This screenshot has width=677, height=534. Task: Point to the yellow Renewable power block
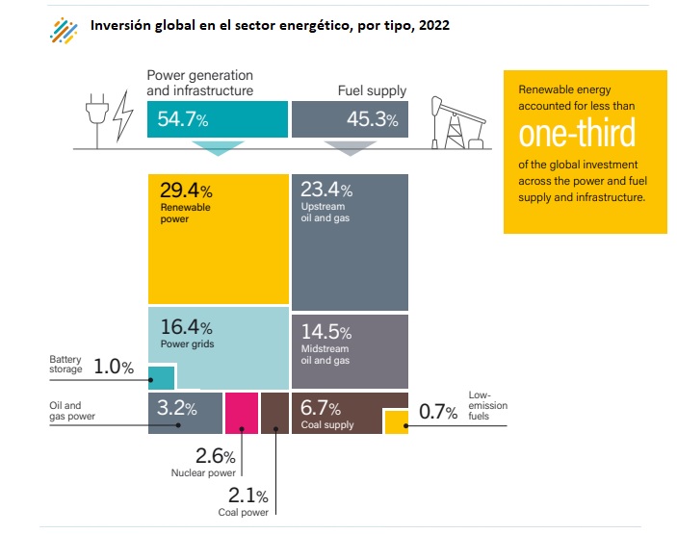[219, 239]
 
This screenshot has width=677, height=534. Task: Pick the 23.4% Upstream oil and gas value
[326, 190]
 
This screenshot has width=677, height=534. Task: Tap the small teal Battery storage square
[162, 377]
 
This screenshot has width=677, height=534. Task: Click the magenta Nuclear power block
[241, 414]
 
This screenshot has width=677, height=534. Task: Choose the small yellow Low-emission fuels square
[396, 421]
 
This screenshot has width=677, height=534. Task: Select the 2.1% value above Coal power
[247, 496]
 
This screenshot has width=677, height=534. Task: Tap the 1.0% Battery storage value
[113, 366]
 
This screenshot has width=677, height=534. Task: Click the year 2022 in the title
[433, 26]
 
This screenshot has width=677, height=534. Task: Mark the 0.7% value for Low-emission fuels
[438, 413]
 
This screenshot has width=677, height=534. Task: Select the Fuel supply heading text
[372, 91]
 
